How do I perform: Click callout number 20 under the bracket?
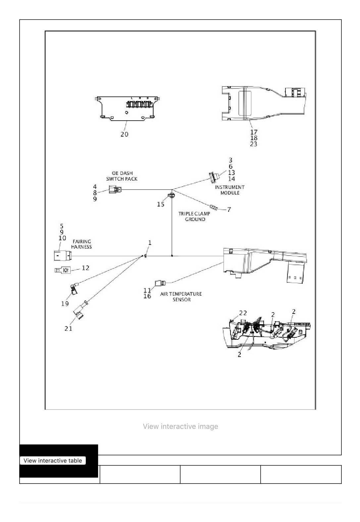point(124,134)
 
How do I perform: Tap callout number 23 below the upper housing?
point(254,144)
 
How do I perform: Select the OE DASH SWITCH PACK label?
point(122,176)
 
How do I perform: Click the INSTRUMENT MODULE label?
point(230,190)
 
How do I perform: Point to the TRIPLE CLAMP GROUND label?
point(194,216)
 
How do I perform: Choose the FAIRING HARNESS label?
point(81,244)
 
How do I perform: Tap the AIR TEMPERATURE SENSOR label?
point(181,297)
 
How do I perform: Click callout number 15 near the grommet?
point(161,204)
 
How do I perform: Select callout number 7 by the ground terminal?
point(229,209)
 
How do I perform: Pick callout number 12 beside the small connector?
point(85,268)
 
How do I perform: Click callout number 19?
point(65,304)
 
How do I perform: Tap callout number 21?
point(68,328)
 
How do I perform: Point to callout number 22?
point(243,313)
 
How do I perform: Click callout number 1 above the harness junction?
point(150,243)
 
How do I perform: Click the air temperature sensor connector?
point(160,283)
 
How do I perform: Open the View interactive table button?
point(53,460)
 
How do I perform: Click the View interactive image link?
point(180,426)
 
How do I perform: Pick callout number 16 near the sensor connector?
point(147,296)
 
